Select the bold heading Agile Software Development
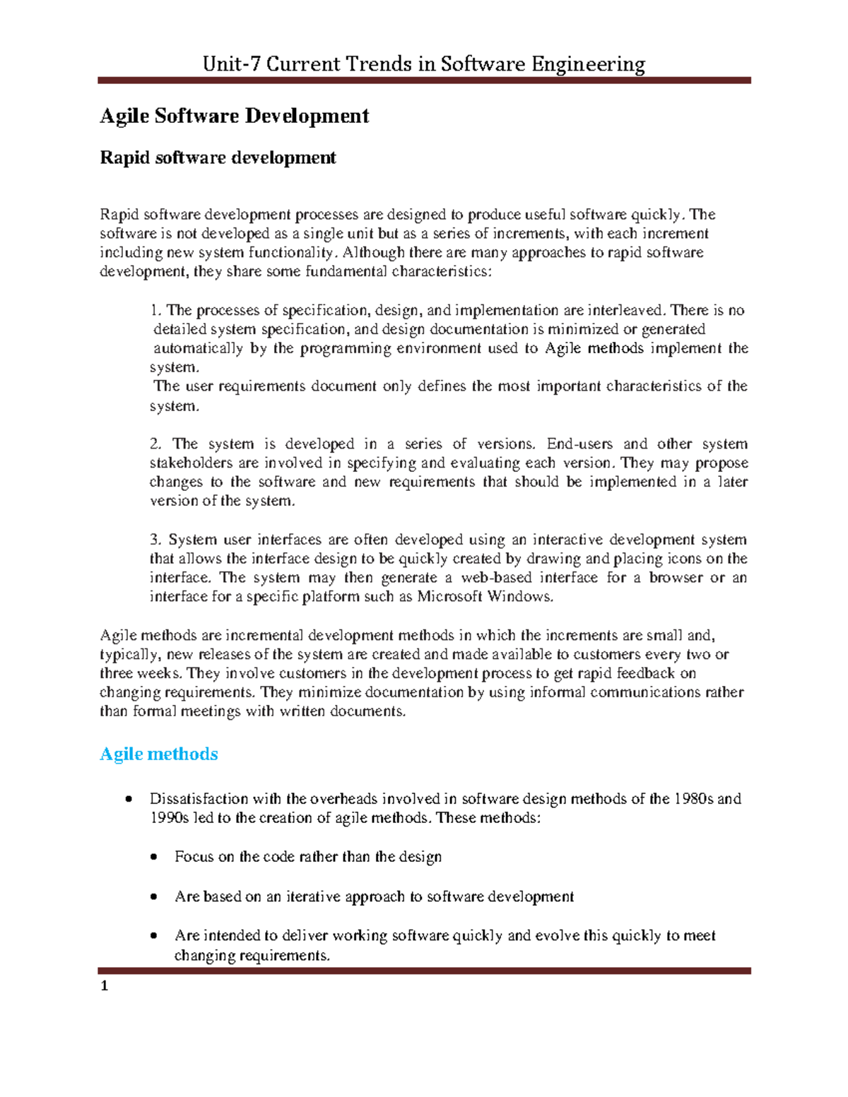234,116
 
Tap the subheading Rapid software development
218,157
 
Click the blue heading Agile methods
158,754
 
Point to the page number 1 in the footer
105,986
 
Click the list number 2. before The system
155,444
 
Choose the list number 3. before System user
155,540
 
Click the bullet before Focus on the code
155,857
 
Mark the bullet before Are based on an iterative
155,897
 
